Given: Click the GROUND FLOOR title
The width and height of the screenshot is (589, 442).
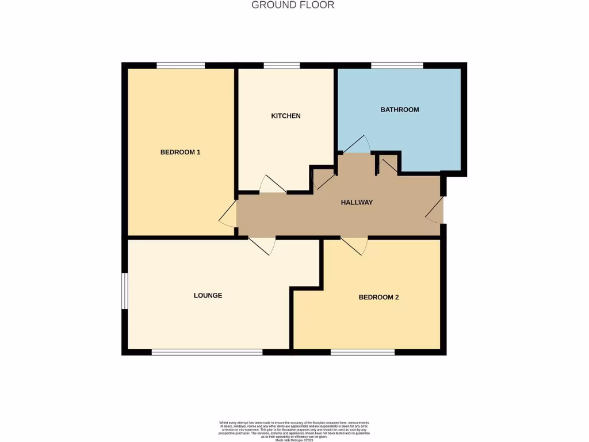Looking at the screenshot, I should pyautogui.click(x=293, y=5).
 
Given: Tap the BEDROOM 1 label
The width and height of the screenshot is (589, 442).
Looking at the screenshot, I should pyautogui.click(x=180, y=153).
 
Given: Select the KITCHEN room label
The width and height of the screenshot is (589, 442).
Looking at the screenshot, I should pyautogui.click(x=286, y=116).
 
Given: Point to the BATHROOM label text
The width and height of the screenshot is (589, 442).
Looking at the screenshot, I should pyautogui.click(x=400, y=109).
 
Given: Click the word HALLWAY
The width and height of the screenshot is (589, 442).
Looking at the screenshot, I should pyautogui.click(x=357, y=203).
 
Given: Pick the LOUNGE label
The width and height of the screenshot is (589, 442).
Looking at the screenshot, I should pyautogui.click(x=208, y=296).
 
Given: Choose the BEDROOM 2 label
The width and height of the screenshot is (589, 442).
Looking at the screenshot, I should pyautogui.click(x=378, y=298).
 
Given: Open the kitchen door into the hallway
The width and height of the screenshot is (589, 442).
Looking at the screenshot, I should pyautogui.click(x=273, y=185).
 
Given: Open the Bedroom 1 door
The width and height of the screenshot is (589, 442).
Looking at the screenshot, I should pyautogui.click(x=228, y=214).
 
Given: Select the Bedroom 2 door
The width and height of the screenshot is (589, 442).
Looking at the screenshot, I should pyautogui.click(x=354, y=245).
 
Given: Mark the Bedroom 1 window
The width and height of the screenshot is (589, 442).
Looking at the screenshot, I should pyautogui.click(x=181, y=65).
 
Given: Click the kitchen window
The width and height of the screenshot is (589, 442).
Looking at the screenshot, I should pyautogui.click(x=282, y=65).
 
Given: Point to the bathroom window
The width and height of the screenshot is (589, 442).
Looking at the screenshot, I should pyautogui.click(x=397, y=65).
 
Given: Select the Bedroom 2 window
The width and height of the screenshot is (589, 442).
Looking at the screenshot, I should pyautogui.click(x=362, y=352).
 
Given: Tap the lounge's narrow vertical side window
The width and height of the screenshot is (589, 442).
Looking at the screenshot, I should pyautogui.click(x=124, y=291).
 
